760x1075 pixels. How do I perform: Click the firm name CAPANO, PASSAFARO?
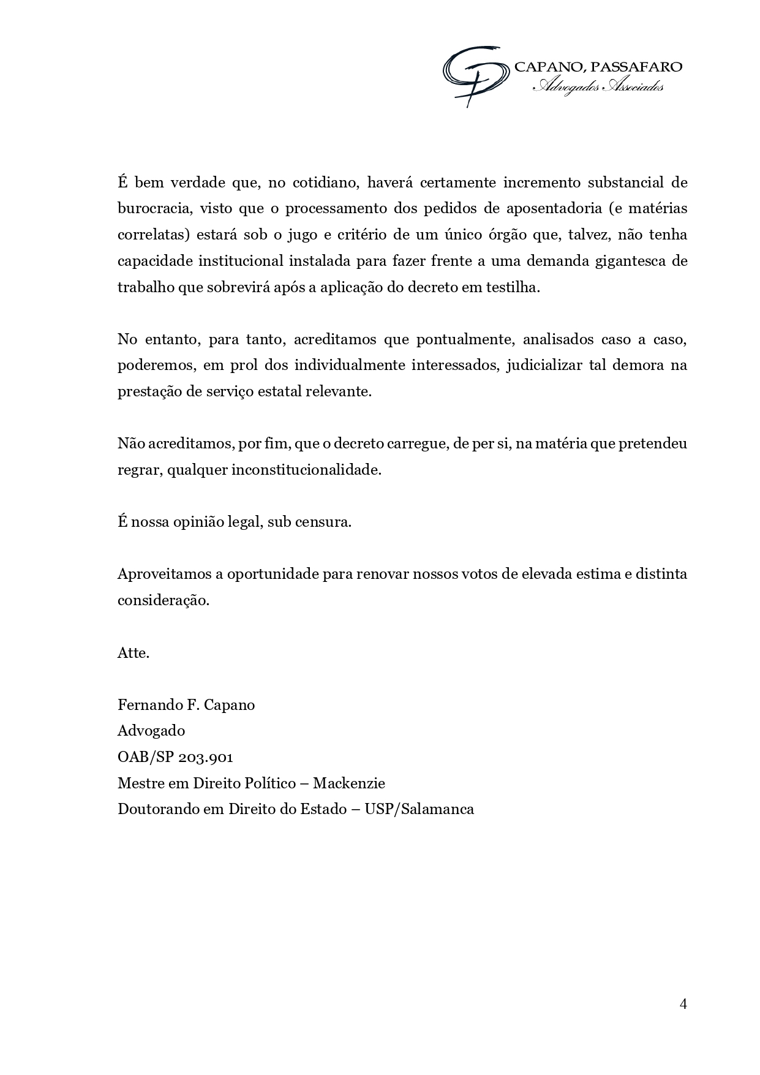click(598, 67)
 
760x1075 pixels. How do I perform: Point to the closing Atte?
click(134, 653)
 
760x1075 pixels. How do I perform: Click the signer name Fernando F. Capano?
click(186, 705)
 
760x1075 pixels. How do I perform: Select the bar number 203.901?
click(206, 757)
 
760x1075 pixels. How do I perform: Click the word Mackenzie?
click(359, 783)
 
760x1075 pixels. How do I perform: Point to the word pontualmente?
click(462, 339)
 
